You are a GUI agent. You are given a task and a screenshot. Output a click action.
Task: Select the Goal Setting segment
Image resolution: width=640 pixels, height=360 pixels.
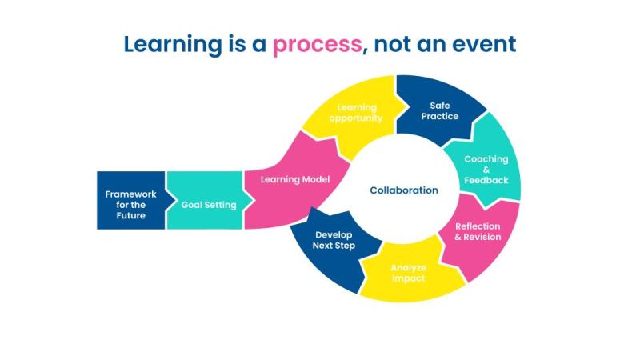(x=209, y=205)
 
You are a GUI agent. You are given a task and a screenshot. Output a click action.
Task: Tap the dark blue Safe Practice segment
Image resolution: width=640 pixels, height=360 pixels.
(x=439, y=110)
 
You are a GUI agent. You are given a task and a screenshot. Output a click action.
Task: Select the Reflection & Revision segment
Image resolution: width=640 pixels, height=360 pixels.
(x=478, y=231)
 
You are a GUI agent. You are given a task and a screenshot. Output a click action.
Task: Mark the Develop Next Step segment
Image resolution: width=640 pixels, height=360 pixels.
(x=334, y=241)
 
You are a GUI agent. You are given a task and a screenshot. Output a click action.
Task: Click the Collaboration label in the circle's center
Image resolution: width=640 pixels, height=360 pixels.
(x=404, y=190)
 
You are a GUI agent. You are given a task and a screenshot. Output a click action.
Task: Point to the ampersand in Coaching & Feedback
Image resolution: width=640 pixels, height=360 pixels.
(x=486, y=170)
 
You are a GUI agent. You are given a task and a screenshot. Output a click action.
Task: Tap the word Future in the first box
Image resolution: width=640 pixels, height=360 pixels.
(x=130, y=215)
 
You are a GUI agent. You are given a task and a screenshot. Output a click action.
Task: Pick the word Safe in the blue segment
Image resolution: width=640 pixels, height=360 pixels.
(x=439, y=105)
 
